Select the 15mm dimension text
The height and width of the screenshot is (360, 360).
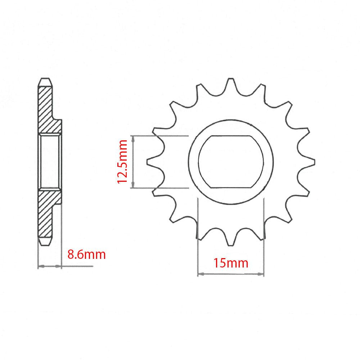pyautogui.click(x=231, y=263)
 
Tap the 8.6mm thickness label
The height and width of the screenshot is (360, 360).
pyautogui.click(x=87, y=255)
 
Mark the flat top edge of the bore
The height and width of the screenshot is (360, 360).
pyautogui.click(x=231, y=136)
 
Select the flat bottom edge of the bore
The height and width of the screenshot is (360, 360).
pyautogui.click(x=231, y=187)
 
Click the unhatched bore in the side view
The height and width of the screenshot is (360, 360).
pyautogui.click(x=49, y=162)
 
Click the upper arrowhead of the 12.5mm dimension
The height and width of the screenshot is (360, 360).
pyautogui.click(x=134, y=138)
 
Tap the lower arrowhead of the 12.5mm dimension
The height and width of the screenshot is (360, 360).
pyautogui.click(x=134, y=185)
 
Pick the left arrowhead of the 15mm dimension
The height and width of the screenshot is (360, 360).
pyautogui.click(x=201, y=274)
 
